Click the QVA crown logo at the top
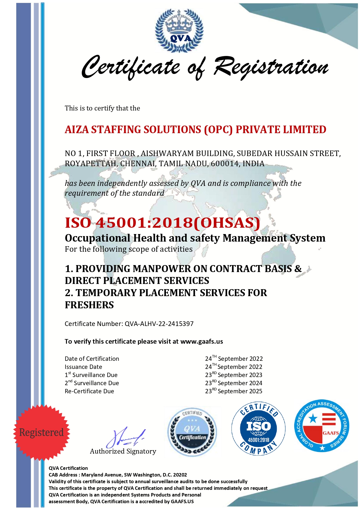click(x=179, y=30)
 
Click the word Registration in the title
click(x=271, y=67)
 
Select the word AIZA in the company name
click(x=77, y=130)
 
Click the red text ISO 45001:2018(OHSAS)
click(x=162, y=223)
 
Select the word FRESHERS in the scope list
click(x=89, y=305)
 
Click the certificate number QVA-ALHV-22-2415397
click(x=159, y=324)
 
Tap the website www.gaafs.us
click(x=202, y=341)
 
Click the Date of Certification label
click(x=92, y=359)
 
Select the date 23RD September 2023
click(x=234, y=375)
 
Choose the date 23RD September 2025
click(x=234, y=391)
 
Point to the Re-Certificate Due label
click(x=89, y=391)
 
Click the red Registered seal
click(x=41, y=432)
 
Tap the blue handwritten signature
click(x=125, y=437)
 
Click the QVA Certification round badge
click(x=192, y=432)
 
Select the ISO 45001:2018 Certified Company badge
click(x=258, y=429)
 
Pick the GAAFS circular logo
click(x=322, y=426)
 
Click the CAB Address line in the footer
click(x=118, y=475)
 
